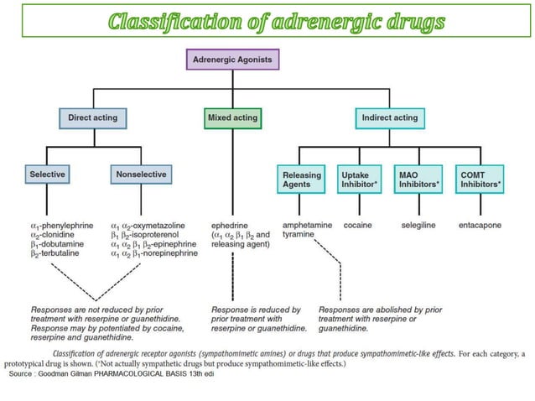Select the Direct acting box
point(93,117)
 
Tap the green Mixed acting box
point(232,117)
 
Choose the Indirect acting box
point(389,117)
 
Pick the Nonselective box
point(139,174)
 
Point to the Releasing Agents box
point(300,179)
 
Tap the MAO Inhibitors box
point(419,179)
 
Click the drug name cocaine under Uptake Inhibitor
point(356,226)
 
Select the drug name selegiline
point(418,226)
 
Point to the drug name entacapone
point(480,226)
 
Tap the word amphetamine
point(308,226)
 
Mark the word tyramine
point(299,235)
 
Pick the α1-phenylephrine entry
point(61,226)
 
